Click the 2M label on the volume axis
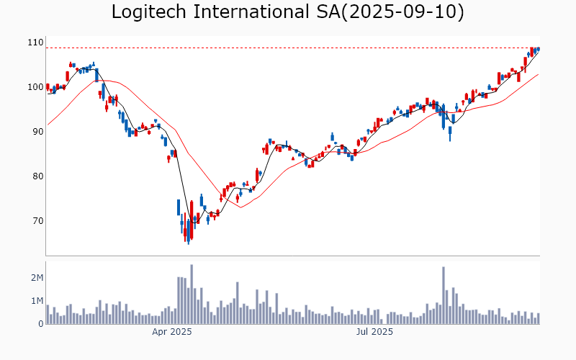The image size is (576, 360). [x=37, y=278]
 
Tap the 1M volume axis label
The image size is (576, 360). [x=37, y=301]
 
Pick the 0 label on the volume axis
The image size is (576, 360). [x=41, y=324]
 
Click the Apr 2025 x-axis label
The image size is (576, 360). [x=171, y=332]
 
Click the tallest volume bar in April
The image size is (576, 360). [x=192, y=294]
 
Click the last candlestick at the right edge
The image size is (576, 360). [x=539, y=48]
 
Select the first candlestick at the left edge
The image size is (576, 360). [x=48, y=87]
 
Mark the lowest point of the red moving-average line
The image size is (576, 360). [x=241, y=207]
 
